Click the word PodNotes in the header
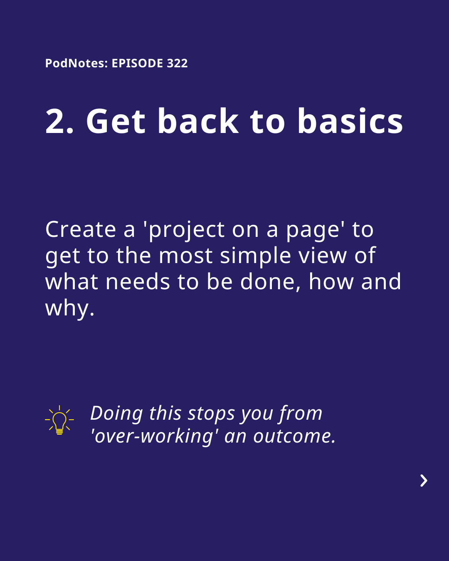(75, 63)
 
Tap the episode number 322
(177, 63)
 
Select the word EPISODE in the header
(138, 63)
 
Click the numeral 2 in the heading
(55, 121)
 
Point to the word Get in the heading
(116, 121)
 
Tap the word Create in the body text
(81, 229)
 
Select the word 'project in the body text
(184, 231)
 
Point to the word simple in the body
(255, 257)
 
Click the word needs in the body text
(138, 282)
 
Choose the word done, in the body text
(271, 283)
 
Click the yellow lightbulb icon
(59, 420)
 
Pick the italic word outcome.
(294, 437)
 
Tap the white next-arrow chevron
(424, 481)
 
